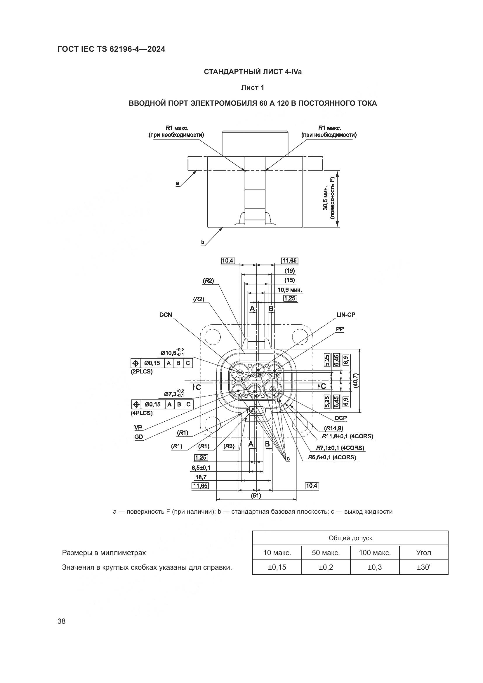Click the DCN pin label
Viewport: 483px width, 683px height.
click(166, 315)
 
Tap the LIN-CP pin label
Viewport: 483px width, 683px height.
click(345, 315)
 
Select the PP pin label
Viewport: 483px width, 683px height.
click(340, 329)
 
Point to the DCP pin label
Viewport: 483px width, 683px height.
click(340, 418)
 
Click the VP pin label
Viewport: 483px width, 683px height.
click(138, 427)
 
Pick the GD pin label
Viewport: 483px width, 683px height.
click(139, 437)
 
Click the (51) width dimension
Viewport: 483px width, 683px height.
click(256, 495)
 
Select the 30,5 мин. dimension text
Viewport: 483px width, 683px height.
click(326, 198)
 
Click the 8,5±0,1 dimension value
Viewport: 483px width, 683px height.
click(201, 468)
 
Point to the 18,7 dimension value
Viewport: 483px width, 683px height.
click(201, 477)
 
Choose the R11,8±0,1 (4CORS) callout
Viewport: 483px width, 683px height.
click(348, 436)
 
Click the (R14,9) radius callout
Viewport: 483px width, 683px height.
click(333, 428)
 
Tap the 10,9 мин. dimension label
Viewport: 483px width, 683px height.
click(290, 289)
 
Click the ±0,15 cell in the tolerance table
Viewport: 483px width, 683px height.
click(277, 567)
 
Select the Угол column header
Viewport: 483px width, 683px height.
click(423, 553)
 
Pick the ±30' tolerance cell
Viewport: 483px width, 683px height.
click(423, 567)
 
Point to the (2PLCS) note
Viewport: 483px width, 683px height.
click(142, 371)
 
